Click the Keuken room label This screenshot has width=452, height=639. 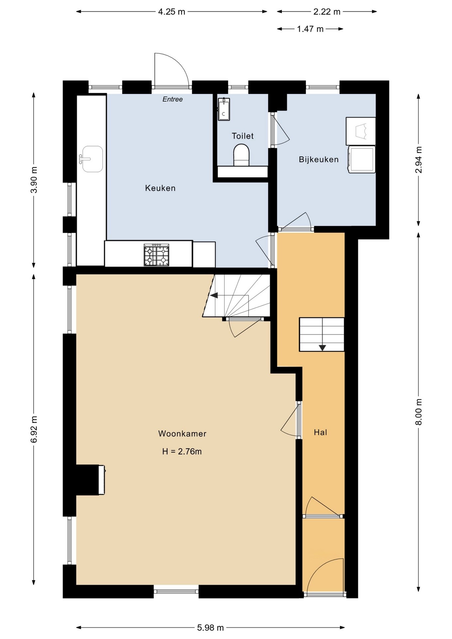coord(160,188)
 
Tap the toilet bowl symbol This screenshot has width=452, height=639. coord(241,155)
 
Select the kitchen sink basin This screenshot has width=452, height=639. coord(92,159)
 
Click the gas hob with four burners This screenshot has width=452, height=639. coord(156,255)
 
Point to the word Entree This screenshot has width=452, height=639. coord(172,99)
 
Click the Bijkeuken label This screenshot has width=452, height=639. coord(319,159)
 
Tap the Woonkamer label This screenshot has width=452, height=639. coord(182,434)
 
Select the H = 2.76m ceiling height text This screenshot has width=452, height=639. coord(182,452)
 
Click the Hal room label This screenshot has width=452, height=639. coord(321,432)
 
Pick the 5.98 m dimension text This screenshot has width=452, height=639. coord(210,628)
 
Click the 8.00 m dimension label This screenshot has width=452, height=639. coord(419,412)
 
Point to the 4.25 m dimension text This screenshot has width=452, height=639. coord(171,12)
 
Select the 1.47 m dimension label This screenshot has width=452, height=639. coord(310,29)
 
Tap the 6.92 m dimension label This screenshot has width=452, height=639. coord(34,429)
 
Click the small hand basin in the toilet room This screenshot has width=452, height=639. coord(224,109)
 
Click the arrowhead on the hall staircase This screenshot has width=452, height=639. coord(322,348)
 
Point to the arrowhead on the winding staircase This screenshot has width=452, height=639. coord(213,295)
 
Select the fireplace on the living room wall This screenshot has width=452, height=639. coord(91,480)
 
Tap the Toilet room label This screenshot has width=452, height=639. coord(243,136)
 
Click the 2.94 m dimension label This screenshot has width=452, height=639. coord(419,160)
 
